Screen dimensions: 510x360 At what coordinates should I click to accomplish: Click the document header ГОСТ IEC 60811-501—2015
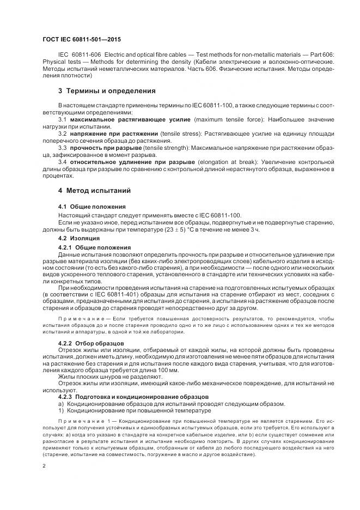81,39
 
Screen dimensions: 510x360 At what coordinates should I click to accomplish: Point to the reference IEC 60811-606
79,56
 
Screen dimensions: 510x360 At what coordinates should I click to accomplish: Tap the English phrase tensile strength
169,148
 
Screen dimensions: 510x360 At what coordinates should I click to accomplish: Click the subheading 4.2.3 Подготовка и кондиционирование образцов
130,396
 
